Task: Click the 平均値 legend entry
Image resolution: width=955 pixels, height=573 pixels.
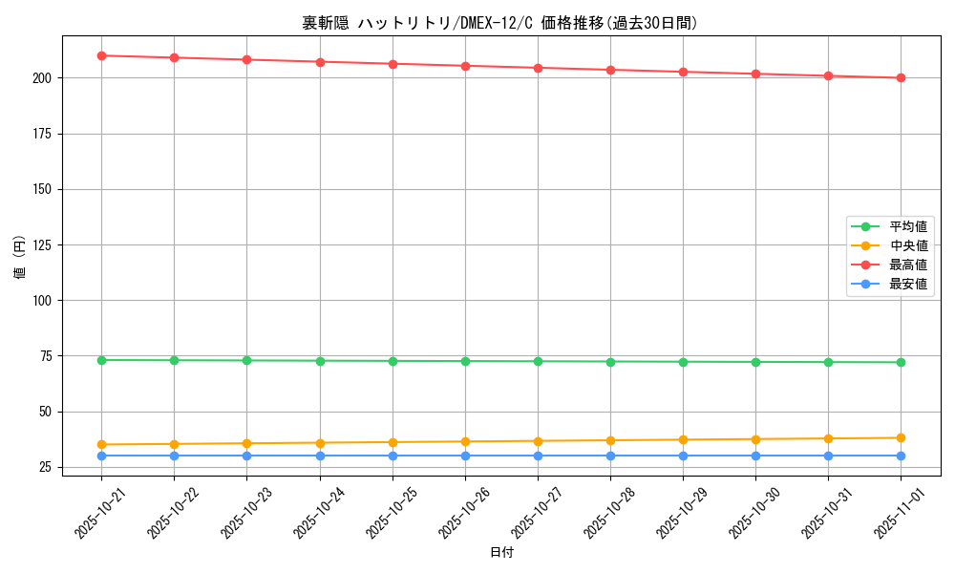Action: point(907,226)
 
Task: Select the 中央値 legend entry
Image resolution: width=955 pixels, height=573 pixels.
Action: point(907,245)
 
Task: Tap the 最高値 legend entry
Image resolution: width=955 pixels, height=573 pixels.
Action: point(907,265)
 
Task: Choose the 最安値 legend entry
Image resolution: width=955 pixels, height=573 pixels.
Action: point(907,284)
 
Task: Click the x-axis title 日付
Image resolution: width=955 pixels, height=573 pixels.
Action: point(501,553)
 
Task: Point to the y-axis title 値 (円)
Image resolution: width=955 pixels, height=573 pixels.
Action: point(20,258)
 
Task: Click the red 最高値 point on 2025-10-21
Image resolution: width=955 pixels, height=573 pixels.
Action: point(101,55)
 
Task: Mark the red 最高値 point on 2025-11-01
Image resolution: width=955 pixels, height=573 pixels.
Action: point(901,77)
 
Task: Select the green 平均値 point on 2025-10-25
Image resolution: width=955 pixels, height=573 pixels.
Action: point(393,361)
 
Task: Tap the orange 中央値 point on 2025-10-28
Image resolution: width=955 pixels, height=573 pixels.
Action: point(610,440)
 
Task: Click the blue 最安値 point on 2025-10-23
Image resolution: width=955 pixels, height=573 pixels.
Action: point(246,456)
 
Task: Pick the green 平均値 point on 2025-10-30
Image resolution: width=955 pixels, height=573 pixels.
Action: point(755,362)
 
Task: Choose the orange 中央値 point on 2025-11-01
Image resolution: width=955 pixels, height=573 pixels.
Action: point(901,438)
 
